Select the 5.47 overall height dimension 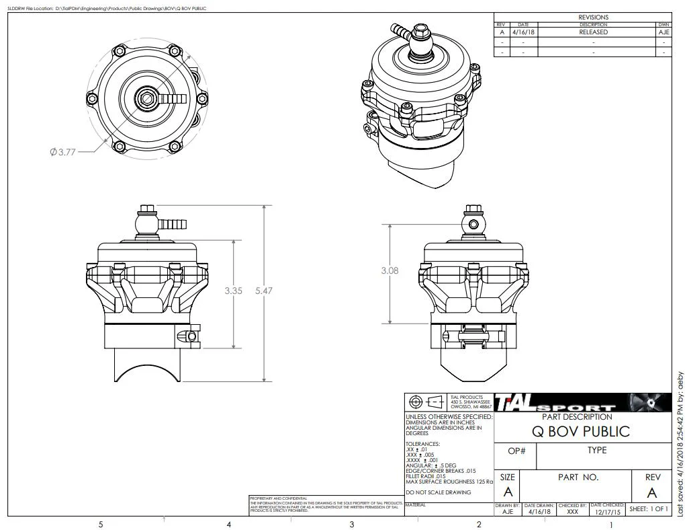[265, 291]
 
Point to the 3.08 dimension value [390, 270]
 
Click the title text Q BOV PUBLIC [581, 431]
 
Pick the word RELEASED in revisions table [593, 32]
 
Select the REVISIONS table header [593, 17]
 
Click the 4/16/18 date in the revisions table [523, 32]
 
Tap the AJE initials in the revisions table [664, 32]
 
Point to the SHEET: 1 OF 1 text [649, 509]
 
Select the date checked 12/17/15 [607, 511]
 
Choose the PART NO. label [578, 477]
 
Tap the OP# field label [516, 451]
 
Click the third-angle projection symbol [426, 402]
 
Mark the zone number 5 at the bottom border [101, 524]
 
